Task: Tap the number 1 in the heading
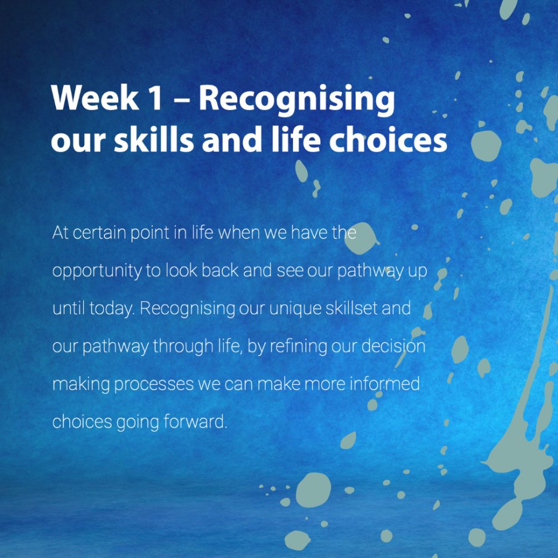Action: point(155,99)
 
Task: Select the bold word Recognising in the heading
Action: point(296,100)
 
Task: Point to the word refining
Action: point(298,347)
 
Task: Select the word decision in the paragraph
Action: point(393,346)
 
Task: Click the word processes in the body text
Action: point(154,384)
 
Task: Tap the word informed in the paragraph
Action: point(384,384)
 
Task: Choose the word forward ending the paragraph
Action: point(195,421)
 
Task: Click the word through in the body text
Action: point(183,347)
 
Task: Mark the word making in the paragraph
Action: point(81,384)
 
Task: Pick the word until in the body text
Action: point(69,308)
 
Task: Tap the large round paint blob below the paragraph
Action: point(313,490)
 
